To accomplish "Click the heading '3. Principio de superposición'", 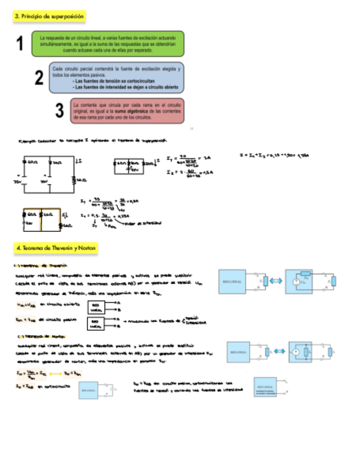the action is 49,16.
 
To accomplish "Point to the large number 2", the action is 39,78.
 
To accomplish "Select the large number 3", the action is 59,111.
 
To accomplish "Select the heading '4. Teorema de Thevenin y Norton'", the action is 57,248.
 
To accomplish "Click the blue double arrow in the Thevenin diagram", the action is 276,281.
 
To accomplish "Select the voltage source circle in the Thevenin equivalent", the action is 296,282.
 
